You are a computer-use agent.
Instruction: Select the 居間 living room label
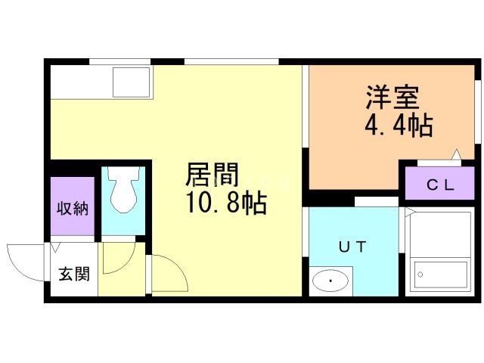coord(213,176)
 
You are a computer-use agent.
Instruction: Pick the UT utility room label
coord(352,246)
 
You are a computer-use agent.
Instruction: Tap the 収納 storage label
coord(73,208)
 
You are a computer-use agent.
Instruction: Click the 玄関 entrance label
coord(73,274)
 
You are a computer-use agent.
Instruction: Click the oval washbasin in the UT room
coord(330,282)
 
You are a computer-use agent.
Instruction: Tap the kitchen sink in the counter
coord(131,81)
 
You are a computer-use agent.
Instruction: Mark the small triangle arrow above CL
coord(457,156)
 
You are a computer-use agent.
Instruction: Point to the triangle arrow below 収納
coord(55,247)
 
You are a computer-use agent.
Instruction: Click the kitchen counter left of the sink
coord(79,81)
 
